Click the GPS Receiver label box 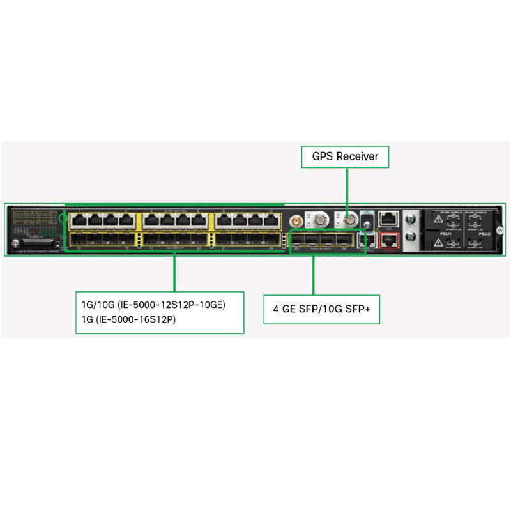coord(345,156)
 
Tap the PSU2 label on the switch coord(484,234)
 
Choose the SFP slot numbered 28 coord(344,240)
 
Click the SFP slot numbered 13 coord(80,240)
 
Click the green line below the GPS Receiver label coord(347,192)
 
